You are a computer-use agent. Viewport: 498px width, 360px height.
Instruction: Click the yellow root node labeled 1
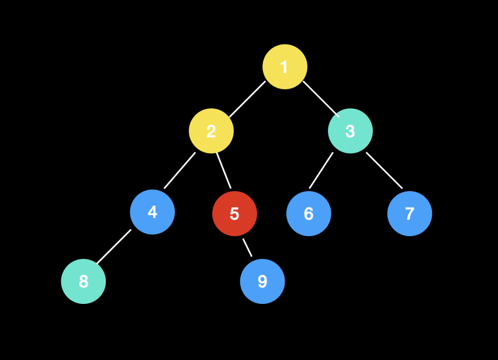click(x=285, y=67)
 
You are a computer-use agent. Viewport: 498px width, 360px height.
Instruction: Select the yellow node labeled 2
click(x=211, y=131)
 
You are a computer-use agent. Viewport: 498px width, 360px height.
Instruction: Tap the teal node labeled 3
click(x=350, y=131)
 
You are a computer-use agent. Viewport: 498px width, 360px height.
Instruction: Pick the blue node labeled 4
click(x=152, y=212)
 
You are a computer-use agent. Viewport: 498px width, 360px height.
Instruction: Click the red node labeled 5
click(x=234, y=213)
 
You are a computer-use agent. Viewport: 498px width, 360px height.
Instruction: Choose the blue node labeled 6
click(x=309, y=213)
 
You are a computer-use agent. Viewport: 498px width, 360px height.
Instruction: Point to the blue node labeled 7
click(x=410, y=213)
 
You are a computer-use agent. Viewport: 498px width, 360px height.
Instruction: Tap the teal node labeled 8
click(x=84, y=281)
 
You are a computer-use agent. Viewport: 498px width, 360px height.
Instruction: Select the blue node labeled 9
click(x=262, y=281)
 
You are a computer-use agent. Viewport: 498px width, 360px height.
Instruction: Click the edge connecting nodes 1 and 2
click(x=247, y=99)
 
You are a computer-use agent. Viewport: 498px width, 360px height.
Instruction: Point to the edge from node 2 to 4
click(x=179, y=171)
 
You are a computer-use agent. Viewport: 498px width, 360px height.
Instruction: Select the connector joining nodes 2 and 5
click(x=224, y=171)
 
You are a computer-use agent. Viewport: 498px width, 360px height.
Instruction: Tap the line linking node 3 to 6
click(x=321, y=171)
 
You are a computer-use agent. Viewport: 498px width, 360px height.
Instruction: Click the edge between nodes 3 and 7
click(x=385, y=171)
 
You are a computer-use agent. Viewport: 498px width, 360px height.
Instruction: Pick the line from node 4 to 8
click(x=114, y=247)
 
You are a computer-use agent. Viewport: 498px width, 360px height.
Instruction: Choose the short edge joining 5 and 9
click(x=248, y=248)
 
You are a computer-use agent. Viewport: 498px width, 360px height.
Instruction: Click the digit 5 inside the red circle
click(x=234, y=214)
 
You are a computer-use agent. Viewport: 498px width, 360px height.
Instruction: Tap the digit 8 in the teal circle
click(x=84, y=282)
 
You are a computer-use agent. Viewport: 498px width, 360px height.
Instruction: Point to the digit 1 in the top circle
click(x=284, y=67)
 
